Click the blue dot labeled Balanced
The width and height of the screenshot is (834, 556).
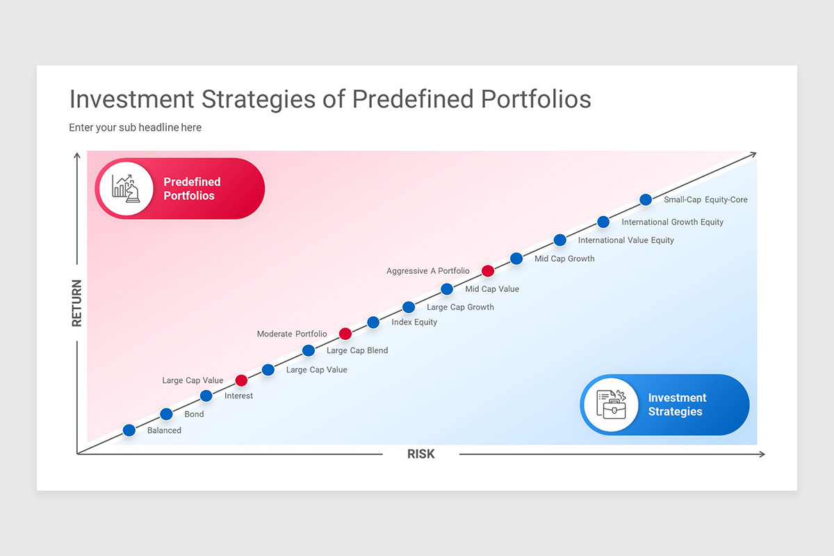tap(129, 430)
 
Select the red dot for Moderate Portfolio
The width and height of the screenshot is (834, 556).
tap(345, 334)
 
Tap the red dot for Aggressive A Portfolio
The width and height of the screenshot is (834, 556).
tap(488, 271)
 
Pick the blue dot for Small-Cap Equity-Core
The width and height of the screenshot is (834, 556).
tap(646, 199)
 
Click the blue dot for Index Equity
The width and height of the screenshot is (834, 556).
tap(373, 322)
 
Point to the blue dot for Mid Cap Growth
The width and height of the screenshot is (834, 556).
tap(516, 259)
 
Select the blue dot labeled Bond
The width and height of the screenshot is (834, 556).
tap(166, 414)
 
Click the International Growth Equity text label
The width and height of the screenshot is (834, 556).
tap(672, 222)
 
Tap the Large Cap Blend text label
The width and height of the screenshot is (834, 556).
tap(357, 351)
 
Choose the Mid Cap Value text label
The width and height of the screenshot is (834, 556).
tap(492, 289)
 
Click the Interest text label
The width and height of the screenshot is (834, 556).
tap(238, 396)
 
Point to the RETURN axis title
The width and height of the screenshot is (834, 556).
tap(76, 303)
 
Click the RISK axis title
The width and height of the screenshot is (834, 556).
tap(420, 454)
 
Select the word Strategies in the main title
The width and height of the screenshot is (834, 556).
tap(260, 99)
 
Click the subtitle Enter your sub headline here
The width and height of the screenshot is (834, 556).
tap(135, 128)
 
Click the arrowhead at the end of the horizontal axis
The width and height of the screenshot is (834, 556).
tap(762, 454)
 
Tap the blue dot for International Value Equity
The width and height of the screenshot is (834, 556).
tap(560, 240)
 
